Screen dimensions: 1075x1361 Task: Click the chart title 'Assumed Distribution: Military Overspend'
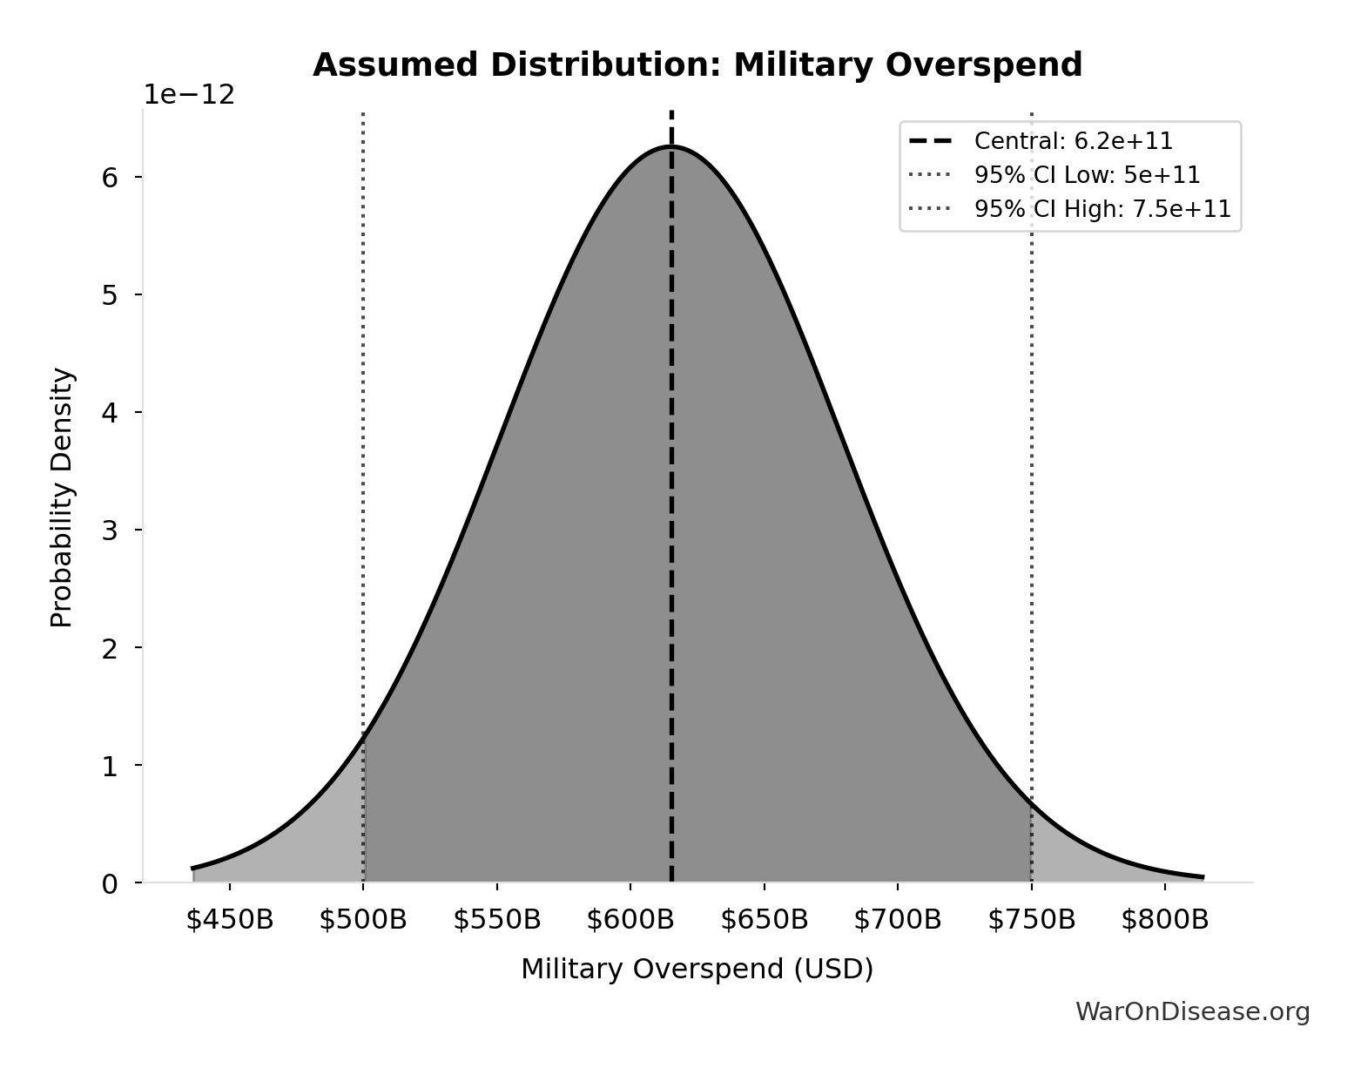tap(697, 65)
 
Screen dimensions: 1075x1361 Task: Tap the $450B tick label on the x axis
tap(230, 920)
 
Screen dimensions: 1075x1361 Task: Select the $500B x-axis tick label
tap(363, 920)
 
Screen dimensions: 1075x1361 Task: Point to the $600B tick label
tap(630, 920)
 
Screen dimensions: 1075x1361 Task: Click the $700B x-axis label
tap(898, 920)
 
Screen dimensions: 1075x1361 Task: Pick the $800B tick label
tap(1165, 920)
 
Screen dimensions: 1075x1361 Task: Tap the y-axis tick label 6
tap(110, 178)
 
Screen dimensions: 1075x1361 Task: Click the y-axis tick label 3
tap(110, 531)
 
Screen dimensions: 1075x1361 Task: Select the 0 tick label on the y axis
tap(110, 884)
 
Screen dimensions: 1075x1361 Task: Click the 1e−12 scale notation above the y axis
tap(189, 95)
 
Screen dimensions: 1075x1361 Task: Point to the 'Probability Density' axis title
tap(62, 497)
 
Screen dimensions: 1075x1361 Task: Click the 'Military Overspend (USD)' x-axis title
tap(697, 970)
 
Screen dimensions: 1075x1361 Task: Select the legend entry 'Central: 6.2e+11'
tap(1073, 141)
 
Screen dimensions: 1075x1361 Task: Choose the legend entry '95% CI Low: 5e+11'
tap(1087, 175)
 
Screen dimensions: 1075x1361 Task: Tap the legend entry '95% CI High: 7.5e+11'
tap(1102, 209)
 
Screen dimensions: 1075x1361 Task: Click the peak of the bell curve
tap(671, 146)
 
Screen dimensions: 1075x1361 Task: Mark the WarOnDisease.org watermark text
tap(1192, 1011)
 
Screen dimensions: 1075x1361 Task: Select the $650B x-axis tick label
tap(765, 920)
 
